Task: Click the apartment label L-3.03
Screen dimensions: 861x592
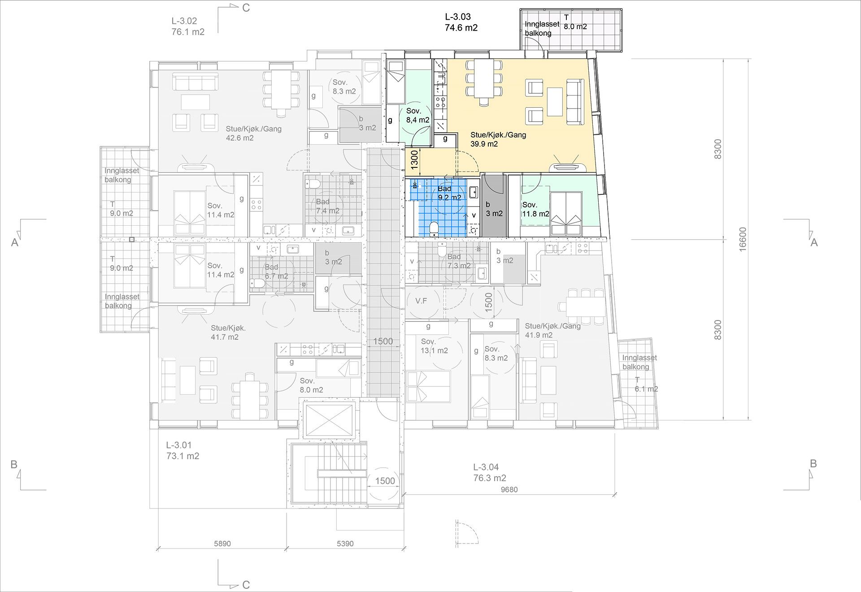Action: click(x=457, y=17)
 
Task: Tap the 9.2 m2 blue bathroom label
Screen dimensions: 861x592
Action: click(x=449, y=193)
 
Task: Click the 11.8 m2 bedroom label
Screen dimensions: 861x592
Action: click(x=535, y=210)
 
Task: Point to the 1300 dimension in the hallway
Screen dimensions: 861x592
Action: click(x=414, y=159)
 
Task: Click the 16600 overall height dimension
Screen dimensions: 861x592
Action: click(x=743, y=239)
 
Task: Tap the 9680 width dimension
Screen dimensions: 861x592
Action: click(x=509, y=490)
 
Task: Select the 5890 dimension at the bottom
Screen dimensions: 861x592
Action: click(x=222, y=544)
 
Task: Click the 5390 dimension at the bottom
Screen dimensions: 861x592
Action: click(x=345, y=544)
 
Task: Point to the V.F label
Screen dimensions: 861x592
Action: click(x=421, y=301)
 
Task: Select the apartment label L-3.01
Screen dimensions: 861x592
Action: click(x=179, y=445)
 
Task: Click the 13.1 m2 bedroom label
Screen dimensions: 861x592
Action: click(x=434, y=346)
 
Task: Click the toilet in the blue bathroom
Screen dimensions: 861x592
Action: click(x=434, y=229)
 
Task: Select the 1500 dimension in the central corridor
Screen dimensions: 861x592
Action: click(x=383, y=341)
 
